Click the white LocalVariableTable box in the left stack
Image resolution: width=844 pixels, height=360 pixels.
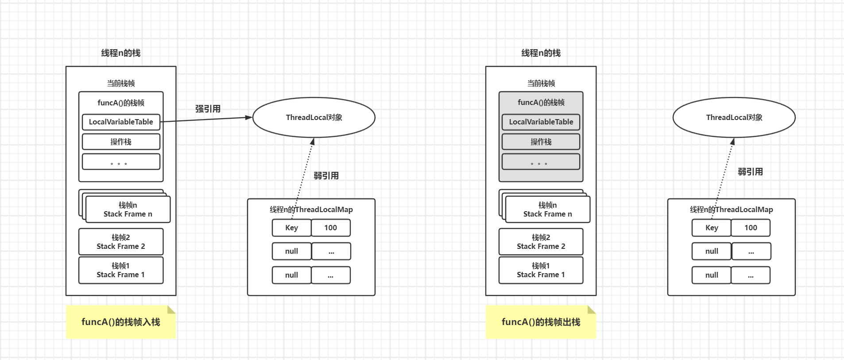point(121,122)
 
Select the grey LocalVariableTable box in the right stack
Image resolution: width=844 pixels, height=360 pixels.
point(541,122)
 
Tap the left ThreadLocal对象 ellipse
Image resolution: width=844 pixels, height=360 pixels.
point(314,117)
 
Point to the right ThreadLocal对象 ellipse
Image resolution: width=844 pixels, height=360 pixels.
point(734,117)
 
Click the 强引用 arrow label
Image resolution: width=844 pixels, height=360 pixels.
point(208,109)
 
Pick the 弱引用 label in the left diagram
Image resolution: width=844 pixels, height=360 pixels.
point(326,176)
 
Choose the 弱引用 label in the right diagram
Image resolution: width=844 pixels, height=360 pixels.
point(750,172)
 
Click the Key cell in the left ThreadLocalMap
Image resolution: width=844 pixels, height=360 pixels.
point(291,228)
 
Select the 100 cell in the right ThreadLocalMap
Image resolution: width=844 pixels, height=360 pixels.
point(751,228)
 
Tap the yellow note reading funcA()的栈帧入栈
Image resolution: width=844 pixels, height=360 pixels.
point(121,322)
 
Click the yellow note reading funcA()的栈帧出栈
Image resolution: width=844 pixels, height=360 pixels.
point(541,322)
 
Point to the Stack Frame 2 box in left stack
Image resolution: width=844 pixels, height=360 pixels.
point(121,242)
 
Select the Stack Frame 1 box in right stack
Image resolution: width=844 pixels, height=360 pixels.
point(541,270)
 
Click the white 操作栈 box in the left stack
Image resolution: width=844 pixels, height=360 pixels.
point(121,142)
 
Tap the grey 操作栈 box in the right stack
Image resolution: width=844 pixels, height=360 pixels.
point(541,142)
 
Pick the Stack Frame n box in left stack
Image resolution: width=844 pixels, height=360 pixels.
point(128,209)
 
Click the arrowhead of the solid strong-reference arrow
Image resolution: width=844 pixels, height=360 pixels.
point(249,117)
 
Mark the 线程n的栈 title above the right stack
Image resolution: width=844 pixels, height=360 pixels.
point(541,53)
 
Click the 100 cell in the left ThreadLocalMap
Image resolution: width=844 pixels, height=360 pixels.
point(330,228)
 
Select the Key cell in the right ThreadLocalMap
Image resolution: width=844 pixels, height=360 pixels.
point(712,228)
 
